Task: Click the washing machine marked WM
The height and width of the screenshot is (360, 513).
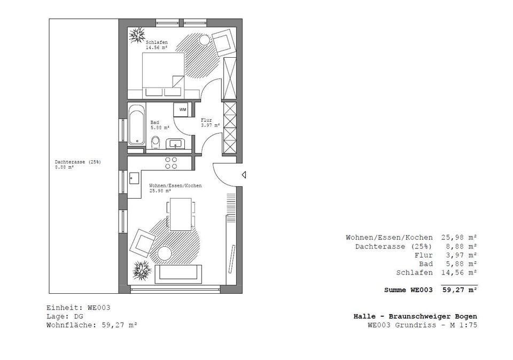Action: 182,109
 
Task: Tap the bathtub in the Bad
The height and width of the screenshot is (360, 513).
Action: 136,125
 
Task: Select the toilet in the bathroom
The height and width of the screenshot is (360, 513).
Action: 156,142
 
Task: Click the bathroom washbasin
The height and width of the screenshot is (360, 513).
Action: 176,143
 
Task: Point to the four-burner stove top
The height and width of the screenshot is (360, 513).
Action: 171,163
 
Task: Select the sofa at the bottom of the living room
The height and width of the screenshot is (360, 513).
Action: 179,275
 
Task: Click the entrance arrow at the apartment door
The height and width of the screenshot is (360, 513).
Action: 244,175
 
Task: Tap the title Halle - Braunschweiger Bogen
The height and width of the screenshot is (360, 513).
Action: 415,316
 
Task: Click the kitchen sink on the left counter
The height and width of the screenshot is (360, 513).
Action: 133,178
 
